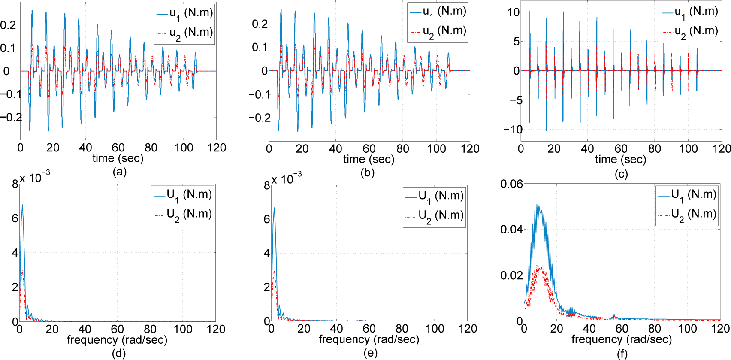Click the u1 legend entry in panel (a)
pos(184,13)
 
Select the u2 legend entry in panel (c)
pos(690,32)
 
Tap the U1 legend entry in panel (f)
pos(687,195)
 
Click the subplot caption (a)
pos(119,172)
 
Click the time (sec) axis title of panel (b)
pos(369,159)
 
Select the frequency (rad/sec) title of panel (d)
pos(117,340)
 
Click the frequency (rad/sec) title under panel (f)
pos(621,339)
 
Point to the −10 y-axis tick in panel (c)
pos(513,130)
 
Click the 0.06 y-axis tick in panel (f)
pos(511,184)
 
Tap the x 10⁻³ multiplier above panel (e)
pos(287,178)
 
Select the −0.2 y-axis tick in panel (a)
pos(11,117)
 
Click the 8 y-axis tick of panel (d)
pos(15,185)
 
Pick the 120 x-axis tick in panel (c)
pos(722,149)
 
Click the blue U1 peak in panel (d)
pos(22,205)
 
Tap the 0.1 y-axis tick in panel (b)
pos(260,47)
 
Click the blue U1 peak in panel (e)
pos(274,208)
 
